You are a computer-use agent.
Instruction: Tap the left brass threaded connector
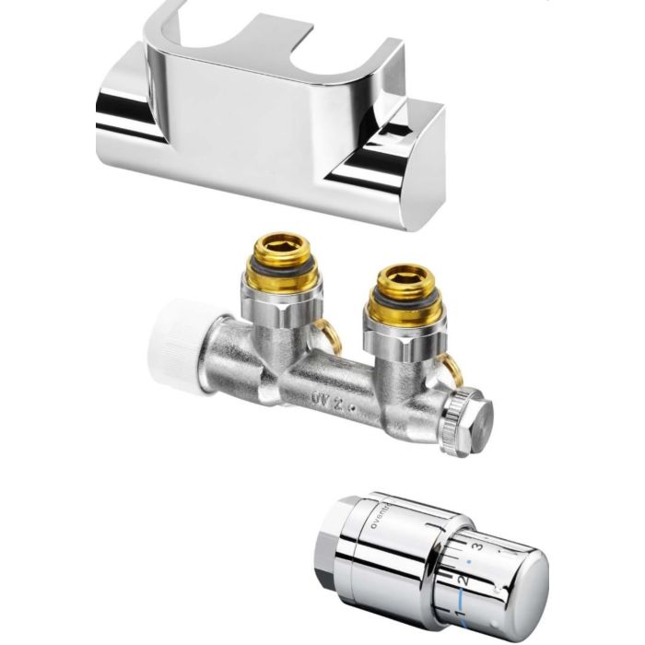[x=282, y=257]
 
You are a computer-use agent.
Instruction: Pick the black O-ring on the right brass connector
[x=400, y=305]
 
